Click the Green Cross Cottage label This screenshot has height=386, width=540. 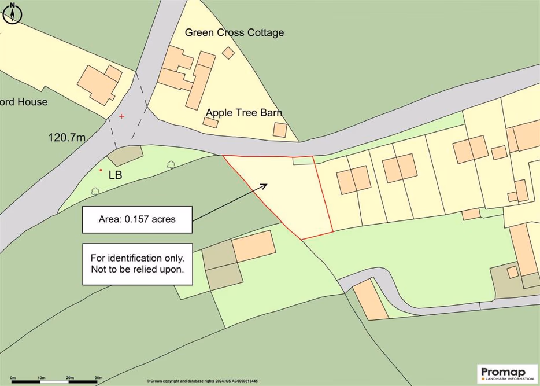tap(234, 32)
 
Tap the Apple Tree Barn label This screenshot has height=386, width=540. tap(242, 112)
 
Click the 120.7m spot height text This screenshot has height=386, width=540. tap(66, 138)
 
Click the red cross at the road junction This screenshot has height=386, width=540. tap(121, 116)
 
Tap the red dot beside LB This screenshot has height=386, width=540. tap(101, 170)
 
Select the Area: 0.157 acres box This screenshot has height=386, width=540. tap(136, 219)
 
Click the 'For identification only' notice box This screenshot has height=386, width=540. tap(136, 264)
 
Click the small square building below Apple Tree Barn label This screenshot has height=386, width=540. tap(280, 130)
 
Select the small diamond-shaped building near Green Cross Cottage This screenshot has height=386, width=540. tap(229, 53)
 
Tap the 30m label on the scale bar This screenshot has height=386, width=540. tap(98, 377)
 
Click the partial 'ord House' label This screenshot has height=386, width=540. tap(24, 102)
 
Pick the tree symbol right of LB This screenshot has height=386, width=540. tap(171, 165)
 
